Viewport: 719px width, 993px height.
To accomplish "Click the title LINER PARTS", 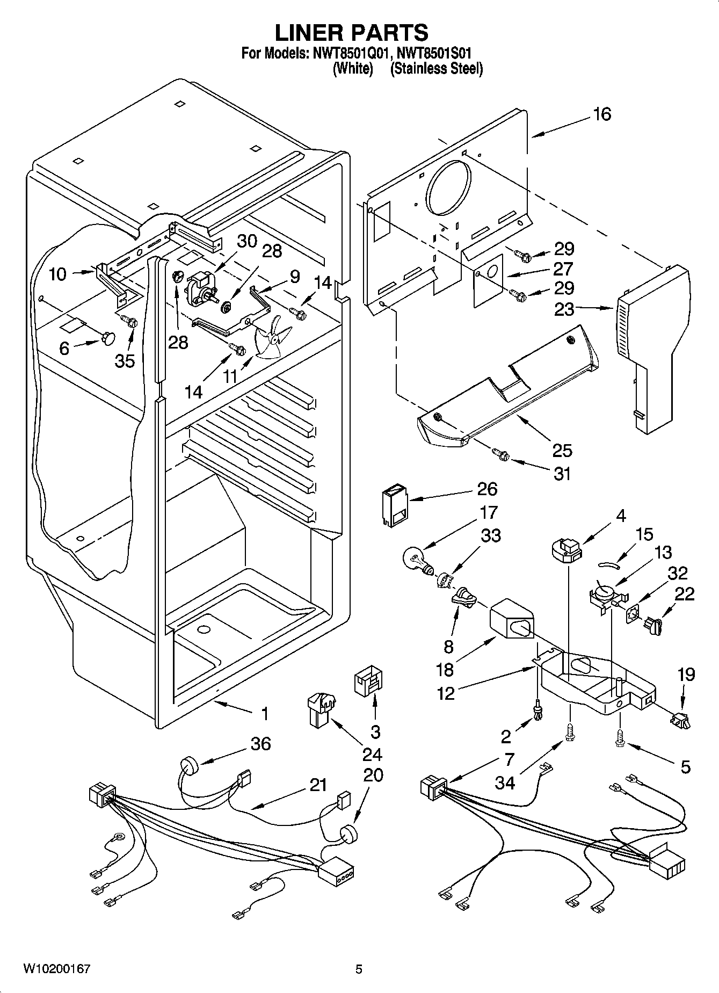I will pyautogui.click(x=352, y=33).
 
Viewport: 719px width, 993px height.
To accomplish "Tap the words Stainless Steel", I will pyautogui.click(x=437, y=69).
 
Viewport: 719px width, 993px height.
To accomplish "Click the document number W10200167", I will pyautogui.click(x=56, y=969).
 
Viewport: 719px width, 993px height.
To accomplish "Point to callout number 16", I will pyautogui.click(x=602, y=114).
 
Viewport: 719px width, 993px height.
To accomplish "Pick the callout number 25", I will pyautogui.click(x=562, y=450).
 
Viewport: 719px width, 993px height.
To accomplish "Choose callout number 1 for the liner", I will pyautogui.click(x=264, y=714).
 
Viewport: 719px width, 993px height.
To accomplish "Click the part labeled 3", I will pyautogui.click(x=368, y=684).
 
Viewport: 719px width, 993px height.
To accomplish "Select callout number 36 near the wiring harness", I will pyautogui.click(x=260, y=744).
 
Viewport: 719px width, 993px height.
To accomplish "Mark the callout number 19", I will pyautogui.click(x=686, y=675).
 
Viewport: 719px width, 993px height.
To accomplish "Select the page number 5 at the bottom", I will pyautogui.click(x=359, y=969).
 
